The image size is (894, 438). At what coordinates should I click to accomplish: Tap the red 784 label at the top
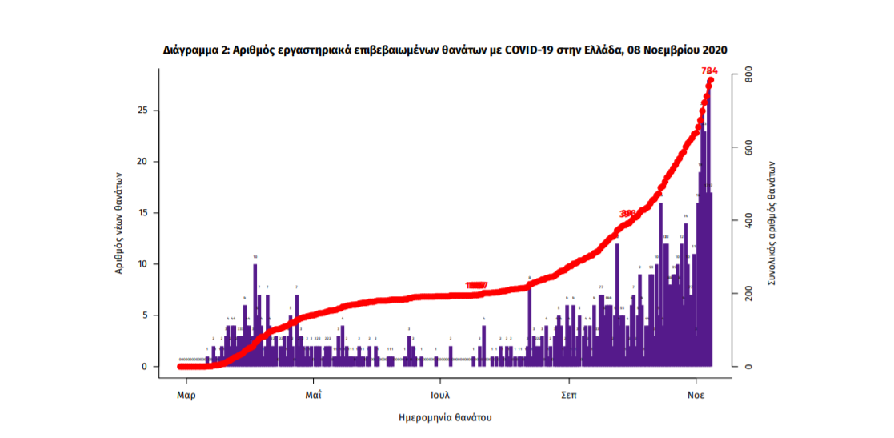point(709,71)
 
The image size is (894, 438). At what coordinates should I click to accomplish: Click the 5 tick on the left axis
point(147,315)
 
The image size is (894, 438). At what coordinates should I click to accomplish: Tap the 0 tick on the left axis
point(147,367)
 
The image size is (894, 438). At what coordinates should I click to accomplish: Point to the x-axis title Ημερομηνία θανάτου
point(445,418)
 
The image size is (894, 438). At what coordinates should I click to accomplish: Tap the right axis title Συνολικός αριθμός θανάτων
point(772,222)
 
